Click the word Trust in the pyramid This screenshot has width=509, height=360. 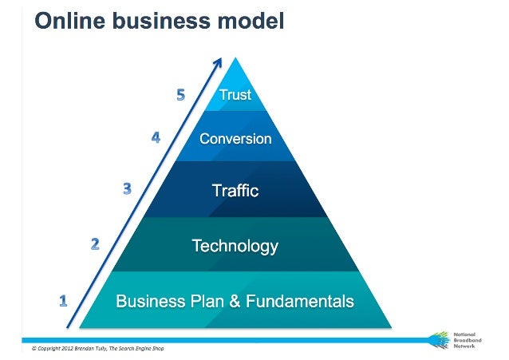[x=235, y=95]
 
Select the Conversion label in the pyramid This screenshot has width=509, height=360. [x=235, y=139]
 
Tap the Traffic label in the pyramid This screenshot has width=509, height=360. [x=235, y=191]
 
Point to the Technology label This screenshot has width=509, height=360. [x=235, y=246]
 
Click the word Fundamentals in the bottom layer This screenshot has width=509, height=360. [x=299, y=302]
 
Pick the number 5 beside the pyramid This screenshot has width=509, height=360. [x=181, y=95]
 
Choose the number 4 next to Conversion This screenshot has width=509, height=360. [x=156, y=137]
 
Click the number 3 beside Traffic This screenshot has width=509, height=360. [x=127, y=189]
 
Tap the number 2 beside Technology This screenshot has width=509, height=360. [x=95, y=243]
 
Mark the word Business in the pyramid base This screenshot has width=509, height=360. [x=148, y=302]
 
